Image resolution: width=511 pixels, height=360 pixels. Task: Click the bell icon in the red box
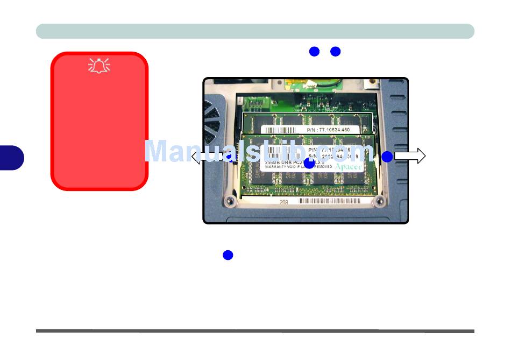coord(99,66)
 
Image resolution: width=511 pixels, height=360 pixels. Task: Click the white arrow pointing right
coord(410,156)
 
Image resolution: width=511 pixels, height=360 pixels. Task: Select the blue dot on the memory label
coord(309,162)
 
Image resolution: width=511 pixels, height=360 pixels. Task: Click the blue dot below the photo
coord(228,255)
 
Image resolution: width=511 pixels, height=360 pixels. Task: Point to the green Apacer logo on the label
coord(349,167)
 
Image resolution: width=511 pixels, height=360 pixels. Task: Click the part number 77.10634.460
coord(328,130)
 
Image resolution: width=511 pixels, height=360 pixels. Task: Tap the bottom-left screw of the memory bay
coord(230,201)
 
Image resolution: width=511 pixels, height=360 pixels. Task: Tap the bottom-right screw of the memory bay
coord(379,201)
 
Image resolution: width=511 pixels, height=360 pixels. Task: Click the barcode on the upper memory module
coord(280,130)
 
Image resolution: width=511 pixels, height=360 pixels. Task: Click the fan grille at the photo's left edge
coord(212,116)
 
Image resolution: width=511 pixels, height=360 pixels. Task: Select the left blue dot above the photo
coord(315,52)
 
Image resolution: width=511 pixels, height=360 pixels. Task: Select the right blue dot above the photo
coord(336,52)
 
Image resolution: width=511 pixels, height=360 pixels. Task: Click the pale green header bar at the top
coord(255,31)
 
